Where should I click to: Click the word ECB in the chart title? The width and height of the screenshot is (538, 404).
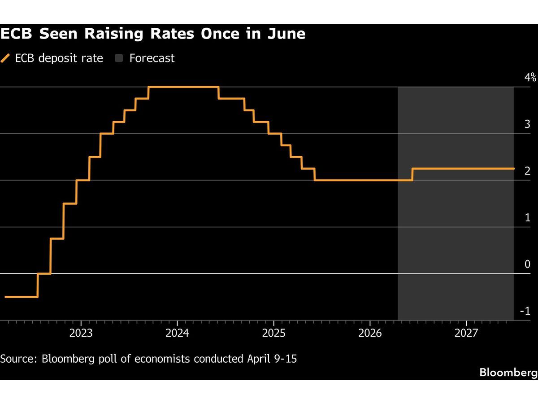[18, 34]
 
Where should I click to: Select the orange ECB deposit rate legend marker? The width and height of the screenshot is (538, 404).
[6, 58]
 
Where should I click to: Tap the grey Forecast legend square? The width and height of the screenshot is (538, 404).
[119, 58]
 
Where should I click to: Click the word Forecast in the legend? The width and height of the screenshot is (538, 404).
[152, 58]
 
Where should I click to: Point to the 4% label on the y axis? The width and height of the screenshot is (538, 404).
[530, 77]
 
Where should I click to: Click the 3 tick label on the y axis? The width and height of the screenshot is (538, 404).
[528, 124]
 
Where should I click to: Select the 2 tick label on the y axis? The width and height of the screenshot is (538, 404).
[528, 171]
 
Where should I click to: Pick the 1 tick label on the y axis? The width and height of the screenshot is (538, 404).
[528, 217]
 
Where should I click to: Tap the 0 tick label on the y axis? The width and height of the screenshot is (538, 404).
[528, 264]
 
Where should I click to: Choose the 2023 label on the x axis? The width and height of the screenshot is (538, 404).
[81, 333]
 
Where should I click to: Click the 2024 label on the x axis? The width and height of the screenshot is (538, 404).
[177, 333]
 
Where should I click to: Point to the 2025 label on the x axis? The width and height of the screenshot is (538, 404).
[273, 333]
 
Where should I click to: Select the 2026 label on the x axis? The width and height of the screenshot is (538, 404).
[370, 333]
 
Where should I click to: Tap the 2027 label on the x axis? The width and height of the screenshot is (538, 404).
[466, 333]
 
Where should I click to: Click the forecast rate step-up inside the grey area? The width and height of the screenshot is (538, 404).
[412, 174]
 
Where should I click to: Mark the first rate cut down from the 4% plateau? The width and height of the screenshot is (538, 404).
[218, 92]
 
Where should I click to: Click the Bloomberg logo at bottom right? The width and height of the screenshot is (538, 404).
[508, 372]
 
